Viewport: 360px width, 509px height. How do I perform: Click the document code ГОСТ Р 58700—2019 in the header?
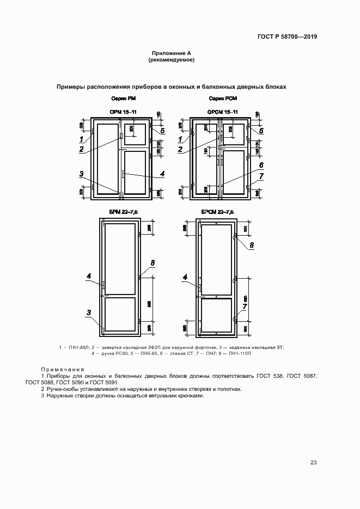[287, 37]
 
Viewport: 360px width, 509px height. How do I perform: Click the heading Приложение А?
[171, 53]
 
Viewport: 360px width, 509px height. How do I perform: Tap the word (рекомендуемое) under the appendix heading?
[171, 59]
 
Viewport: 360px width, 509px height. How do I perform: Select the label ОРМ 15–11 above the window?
[123, 112]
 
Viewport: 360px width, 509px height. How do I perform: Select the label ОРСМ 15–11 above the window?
[222, 112]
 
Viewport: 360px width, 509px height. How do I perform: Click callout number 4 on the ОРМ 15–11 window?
[162, 174]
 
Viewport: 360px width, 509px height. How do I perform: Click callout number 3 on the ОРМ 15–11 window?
[81, 174]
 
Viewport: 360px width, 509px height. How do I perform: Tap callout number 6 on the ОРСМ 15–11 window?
[261, 164]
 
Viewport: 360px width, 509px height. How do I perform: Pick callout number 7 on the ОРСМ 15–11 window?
[261, 176]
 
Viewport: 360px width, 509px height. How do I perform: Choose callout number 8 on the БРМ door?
[153, 263]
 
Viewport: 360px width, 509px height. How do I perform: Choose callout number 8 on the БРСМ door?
[252, 246]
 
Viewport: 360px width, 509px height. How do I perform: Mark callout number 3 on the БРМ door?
[87, 312]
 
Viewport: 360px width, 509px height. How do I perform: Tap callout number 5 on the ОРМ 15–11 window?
[162, 131]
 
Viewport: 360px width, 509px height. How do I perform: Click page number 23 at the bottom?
[313, 463]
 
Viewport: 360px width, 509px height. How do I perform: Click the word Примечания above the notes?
[63, 369]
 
